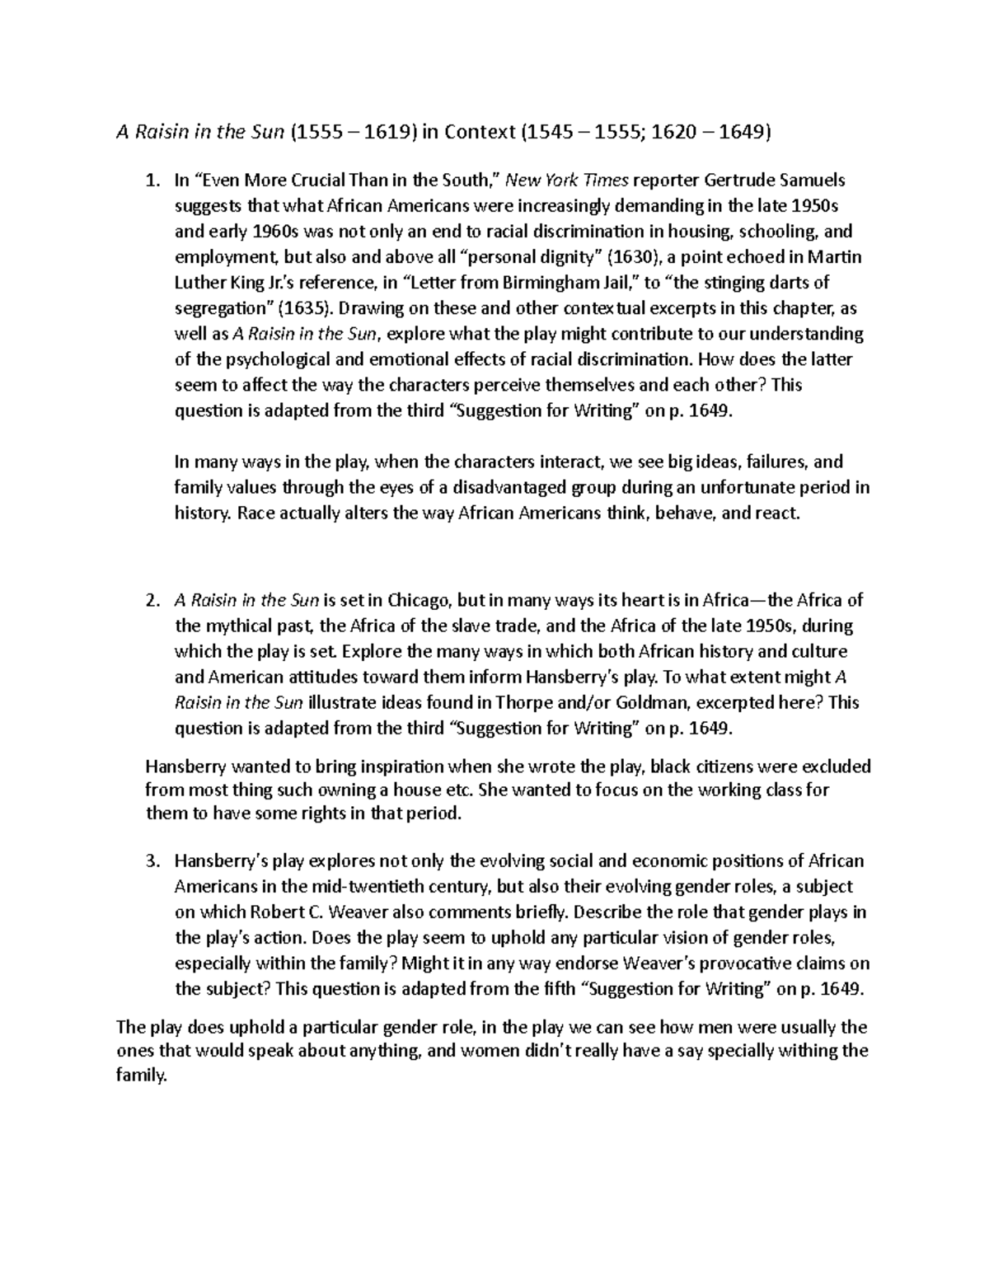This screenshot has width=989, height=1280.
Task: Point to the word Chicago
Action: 420,600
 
